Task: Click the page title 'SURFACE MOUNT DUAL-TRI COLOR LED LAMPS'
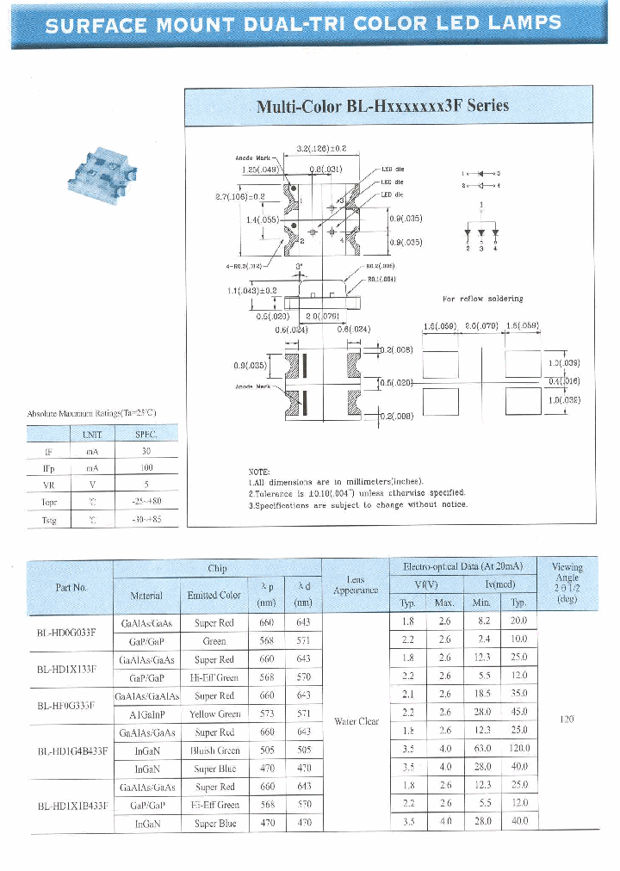point(304,25)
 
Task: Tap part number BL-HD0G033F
point(71,632)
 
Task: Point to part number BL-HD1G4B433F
point(72,750)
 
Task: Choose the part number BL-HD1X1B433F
point(72,806)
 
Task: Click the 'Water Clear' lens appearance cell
point(356,721)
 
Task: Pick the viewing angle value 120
point(566,719)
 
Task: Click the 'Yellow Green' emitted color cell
point(214,713)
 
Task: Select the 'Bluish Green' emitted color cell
point(214,750)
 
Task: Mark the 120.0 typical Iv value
point(518,750)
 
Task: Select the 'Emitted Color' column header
point(214,595)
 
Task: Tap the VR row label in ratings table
point(48,485)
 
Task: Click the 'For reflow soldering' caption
point(482,299)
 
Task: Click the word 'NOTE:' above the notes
point(259,472)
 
